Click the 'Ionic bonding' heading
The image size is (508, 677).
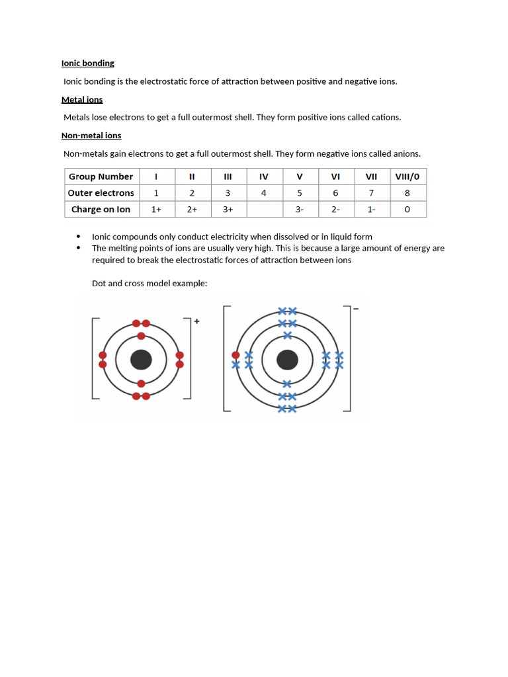coord(88,63)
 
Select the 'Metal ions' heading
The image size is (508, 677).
coord(82,100)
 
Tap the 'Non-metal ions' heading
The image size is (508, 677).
coord(91,136)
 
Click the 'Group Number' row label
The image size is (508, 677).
coord(101,177)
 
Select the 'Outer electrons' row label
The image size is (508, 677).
coord(101,193)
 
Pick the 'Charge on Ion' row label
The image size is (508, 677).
coord(101,210)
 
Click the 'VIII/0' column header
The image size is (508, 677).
coord(407,177)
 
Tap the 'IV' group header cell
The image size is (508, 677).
coord(264,177)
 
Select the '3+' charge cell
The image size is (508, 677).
coord(228,210)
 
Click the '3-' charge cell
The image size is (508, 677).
coord(300,210)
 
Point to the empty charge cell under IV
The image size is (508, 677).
coord(264,210)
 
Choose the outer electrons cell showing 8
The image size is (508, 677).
coord(407,193)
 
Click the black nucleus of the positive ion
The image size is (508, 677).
coord(141,360)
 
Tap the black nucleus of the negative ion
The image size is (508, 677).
coord(286,360)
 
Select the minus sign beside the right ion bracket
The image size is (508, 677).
coord(356,309)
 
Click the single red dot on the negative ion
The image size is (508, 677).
coord(235,355)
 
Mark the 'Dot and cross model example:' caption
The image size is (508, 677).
coord(149,284)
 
